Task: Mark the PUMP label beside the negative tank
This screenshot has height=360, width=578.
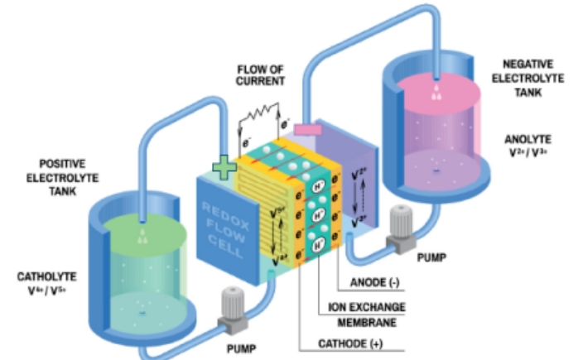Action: tap(434, 257)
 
